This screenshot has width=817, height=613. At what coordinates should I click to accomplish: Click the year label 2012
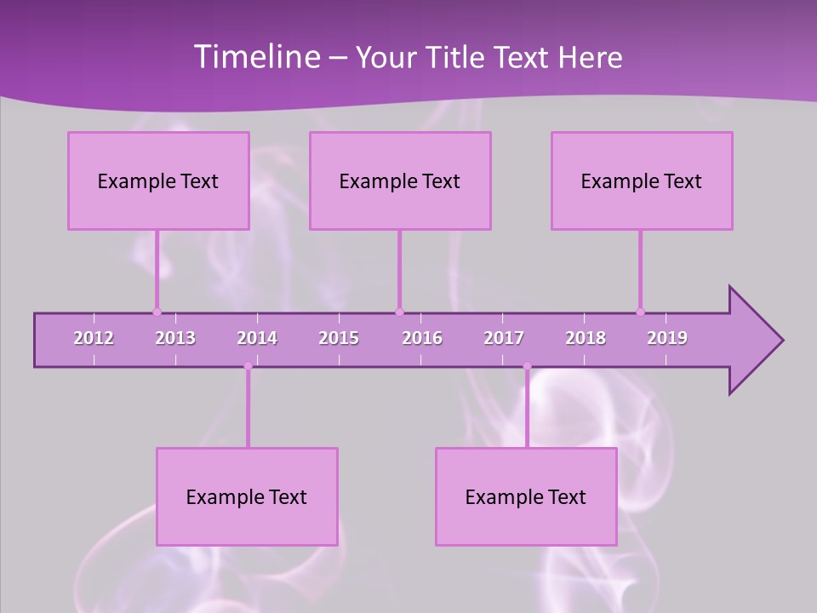click(x=94, y=338)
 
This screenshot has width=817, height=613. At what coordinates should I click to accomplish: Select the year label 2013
click(x=175, y=338)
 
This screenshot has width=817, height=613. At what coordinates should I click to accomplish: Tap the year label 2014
click(x=257, y=338)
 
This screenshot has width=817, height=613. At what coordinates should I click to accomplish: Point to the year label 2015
click(x=339, y=338)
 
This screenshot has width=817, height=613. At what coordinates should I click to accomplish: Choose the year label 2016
click(x=422, y=338)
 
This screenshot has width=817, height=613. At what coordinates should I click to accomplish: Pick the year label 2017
click(x=504, y=338)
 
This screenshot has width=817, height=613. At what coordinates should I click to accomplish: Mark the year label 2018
click(x=586, y=338)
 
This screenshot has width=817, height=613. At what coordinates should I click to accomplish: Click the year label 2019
click(x=667, y=338)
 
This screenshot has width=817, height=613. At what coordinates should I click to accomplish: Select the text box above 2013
click(x=158, y=180)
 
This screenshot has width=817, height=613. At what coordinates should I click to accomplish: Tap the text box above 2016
click(x=400, y=180)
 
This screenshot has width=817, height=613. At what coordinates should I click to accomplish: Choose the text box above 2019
click(x=642, y=180)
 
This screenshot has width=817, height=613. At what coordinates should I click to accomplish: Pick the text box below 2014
click(x=247, y=496)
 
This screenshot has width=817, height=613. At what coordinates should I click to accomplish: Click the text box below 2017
click(x=526, y=496)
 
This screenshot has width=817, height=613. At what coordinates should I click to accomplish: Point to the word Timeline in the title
click(x=255, y=56)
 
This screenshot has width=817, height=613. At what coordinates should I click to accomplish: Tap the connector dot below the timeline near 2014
click(x=248, y=366)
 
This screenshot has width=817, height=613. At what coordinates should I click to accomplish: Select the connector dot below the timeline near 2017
click(x=527, y=366)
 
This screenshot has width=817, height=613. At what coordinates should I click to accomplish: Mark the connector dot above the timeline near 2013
click(x=157, y=312)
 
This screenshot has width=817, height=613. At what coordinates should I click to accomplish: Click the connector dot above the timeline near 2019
click(x=640, y=312)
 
